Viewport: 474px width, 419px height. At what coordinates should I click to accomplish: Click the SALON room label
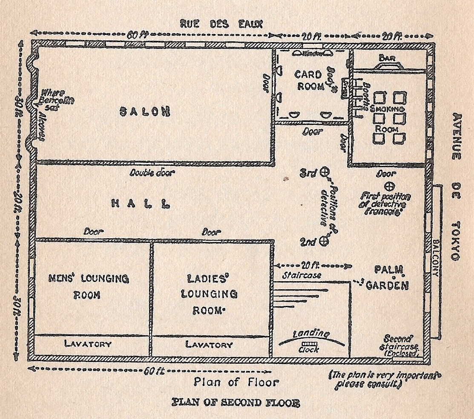point(145,111)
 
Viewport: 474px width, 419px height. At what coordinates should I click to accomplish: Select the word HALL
point(138,204)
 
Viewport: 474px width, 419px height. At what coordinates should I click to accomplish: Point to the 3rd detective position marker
point(325,172)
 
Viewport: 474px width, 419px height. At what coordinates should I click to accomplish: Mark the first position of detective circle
point(389,186)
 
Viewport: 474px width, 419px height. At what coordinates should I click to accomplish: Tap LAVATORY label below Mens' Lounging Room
point(88,344)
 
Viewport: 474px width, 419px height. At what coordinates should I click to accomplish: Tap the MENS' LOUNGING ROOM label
point(89,286)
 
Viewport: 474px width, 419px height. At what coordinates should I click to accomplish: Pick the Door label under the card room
point(312,132)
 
